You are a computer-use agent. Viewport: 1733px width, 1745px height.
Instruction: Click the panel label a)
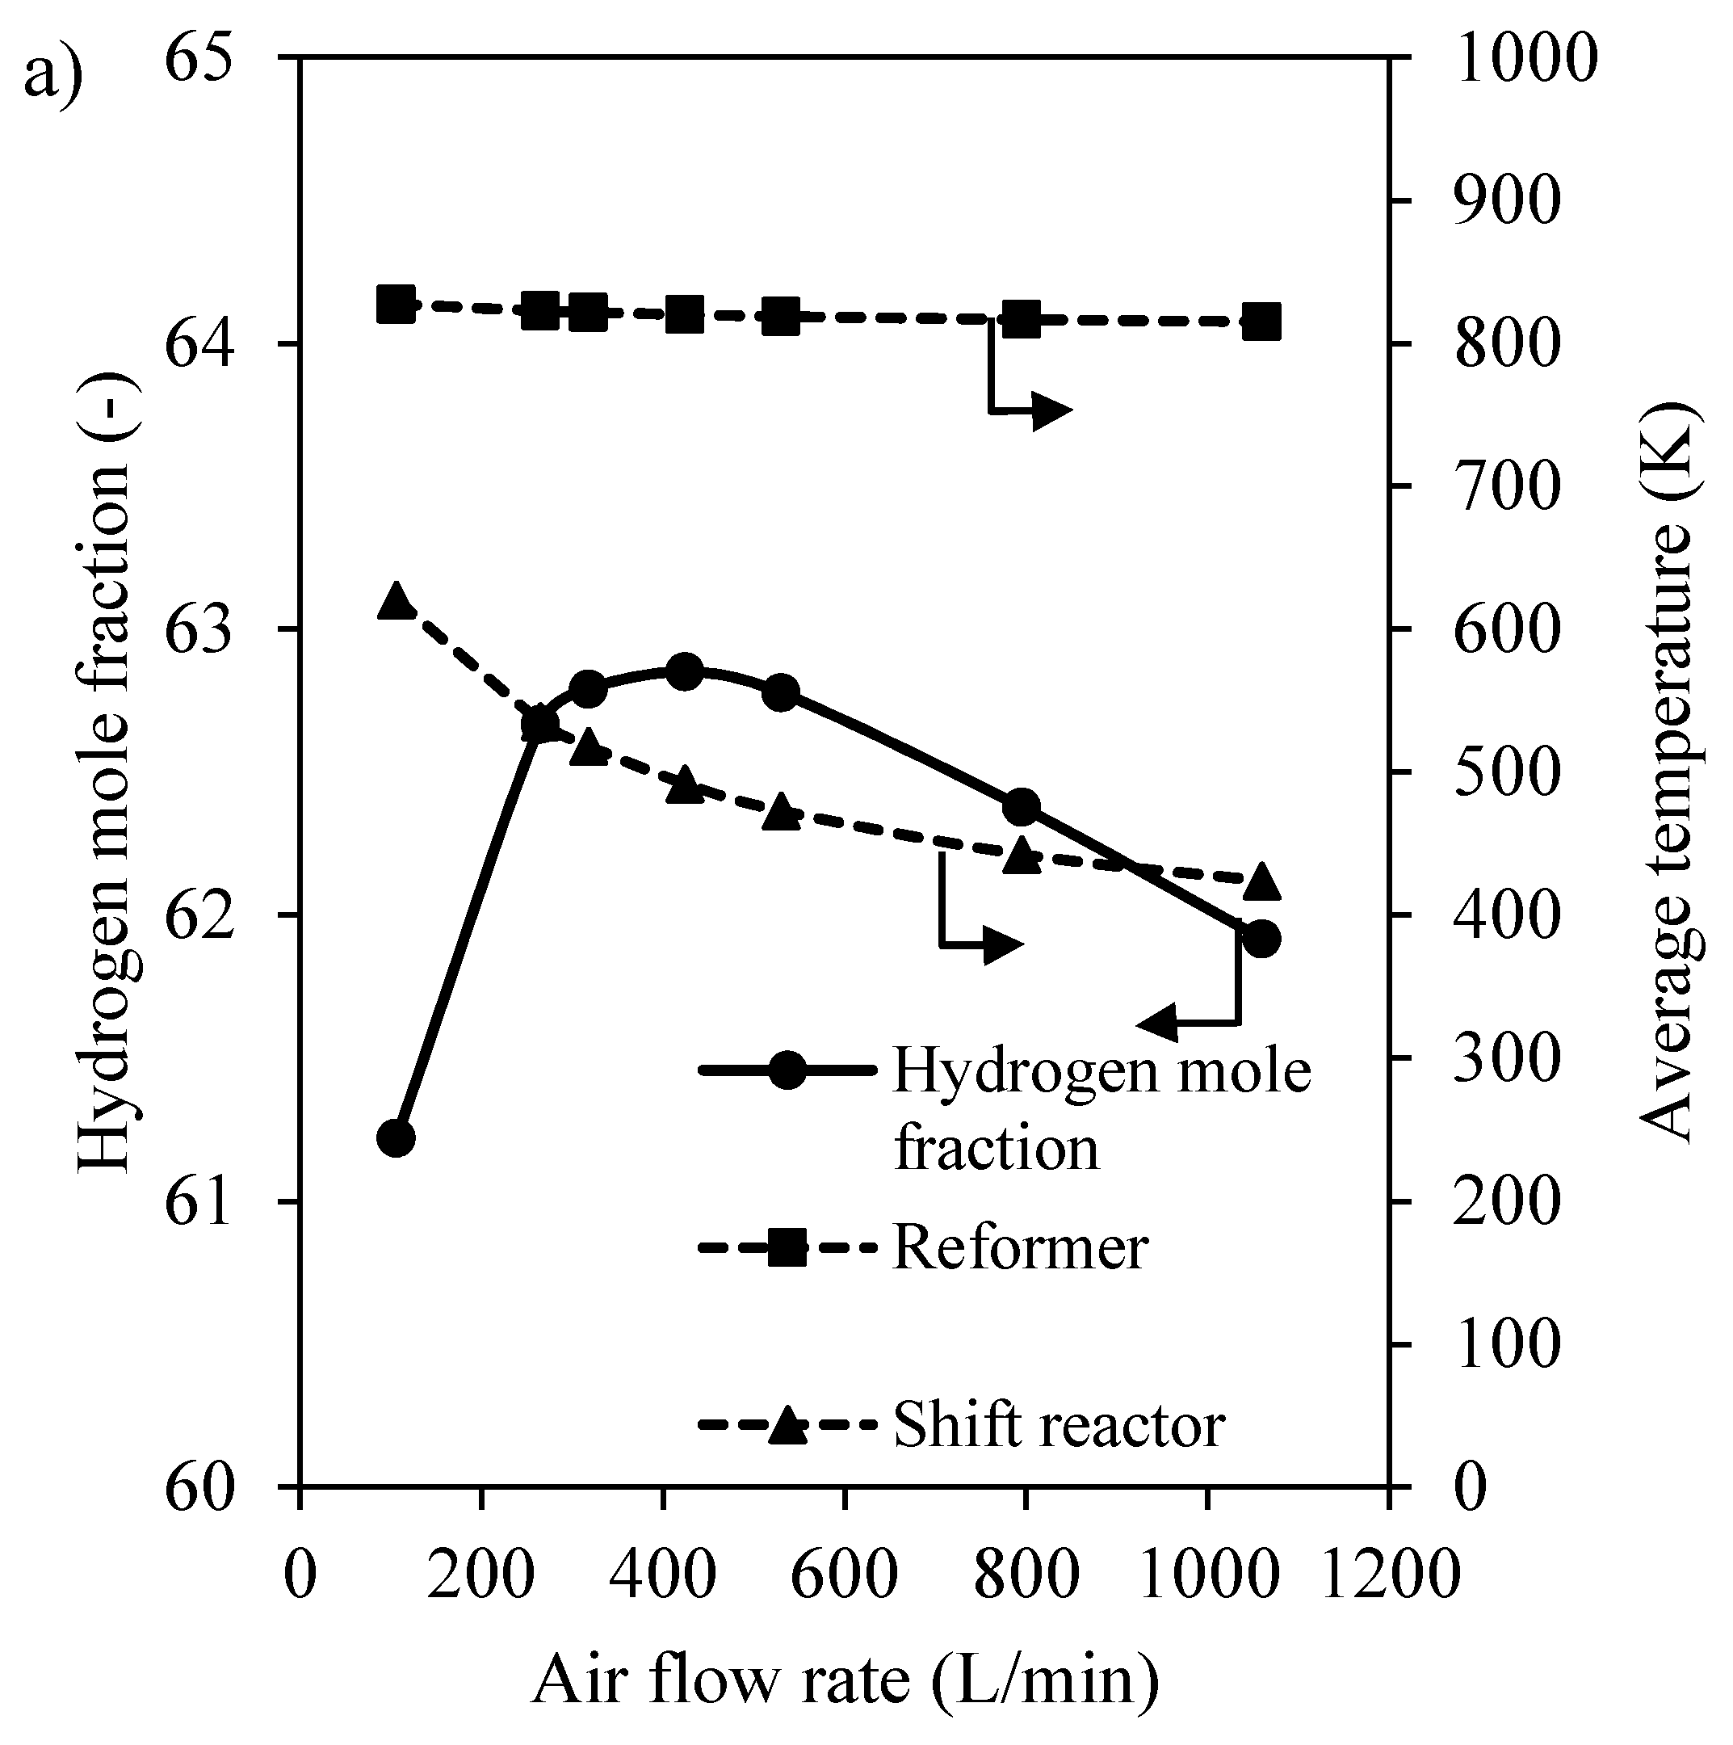point(52,74)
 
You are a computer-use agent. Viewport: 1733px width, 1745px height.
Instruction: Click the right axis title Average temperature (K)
point(1666,772)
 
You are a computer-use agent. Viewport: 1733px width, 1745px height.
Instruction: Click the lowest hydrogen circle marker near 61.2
point(396,1138)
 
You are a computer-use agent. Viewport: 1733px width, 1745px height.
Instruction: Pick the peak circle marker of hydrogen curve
point(686,671)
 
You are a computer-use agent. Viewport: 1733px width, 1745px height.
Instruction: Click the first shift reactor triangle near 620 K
point(396,599)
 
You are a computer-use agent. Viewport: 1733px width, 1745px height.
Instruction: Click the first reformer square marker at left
point(396,305)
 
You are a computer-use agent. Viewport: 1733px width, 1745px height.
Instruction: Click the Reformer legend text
point(1020,1248)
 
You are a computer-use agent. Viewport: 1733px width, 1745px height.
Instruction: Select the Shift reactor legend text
point(1059,1425)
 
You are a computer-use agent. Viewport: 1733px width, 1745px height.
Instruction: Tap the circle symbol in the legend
point(787,1071)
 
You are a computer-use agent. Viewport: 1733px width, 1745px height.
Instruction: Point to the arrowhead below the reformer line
point(1052,411)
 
